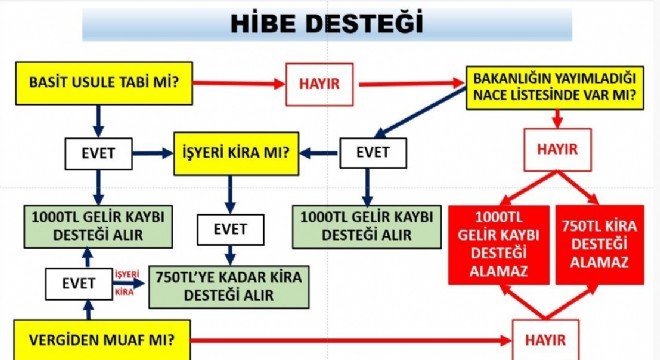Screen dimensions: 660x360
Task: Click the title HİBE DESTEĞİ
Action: click(x=329, y=23)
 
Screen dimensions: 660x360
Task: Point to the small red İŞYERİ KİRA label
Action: click(x=124, y=285)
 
